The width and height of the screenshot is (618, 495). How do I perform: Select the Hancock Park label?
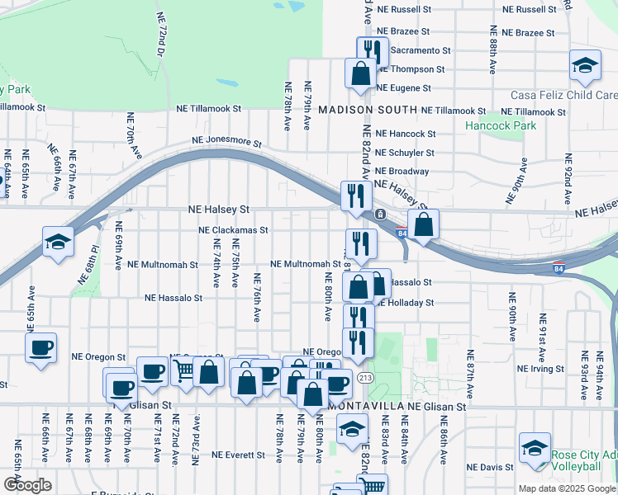500,126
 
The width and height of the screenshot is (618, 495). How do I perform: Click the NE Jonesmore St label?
226,143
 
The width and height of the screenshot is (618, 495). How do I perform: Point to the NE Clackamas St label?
234,231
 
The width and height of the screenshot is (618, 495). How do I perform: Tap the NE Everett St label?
240,455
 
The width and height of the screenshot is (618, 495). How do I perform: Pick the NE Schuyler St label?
405,153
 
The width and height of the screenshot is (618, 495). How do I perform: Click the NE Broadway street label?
402,172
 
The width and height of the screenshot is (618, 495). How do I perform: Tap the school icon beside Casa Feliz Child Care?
585,66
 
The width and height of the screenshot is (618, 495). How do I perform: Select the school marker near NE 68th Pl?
58,242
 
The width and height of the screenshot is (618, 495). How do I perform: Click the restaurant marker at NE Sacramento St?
373,51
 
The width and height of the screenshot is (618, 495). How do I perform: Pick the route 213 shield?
364,378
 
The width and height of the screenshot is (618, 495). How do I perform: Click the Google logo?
27,484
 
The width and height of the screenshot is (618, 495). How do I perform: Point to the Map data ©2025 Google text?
567,488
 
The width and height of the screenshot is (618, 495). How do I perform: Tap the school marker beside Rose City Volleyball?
535,448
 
